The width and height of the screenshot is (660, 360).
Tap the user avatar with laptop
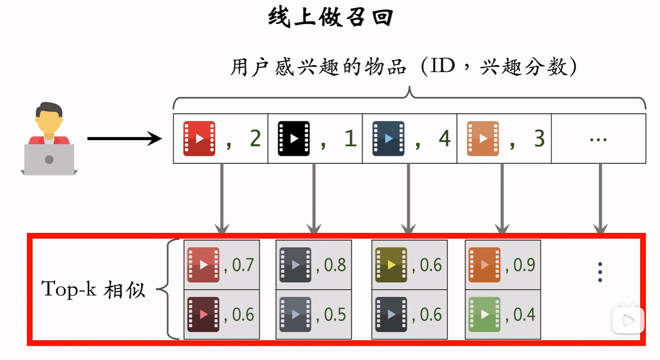pyautogui.click(x=49, y=139)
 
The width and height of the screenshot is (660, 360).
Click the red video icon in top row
pyautogui.click(x=199, y=139)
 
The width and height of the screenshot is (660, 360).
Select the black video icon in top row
pyautogui.click(x=293, y=139)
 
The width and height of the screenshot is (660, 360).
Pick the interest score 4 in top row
pyautogui.click(x=444, y=139)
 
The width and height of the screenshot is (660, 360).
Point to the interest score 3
pyautogui.click(x=539, y=139)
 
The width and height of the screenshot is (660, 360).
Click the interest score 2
pyautogui.click(x=255, y=139)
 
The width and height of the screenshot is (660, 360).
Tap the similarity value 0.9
pyautogui.click(x=524, y=265)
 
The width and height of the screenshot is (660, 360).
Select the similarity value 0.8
pyautogui.click(x=335, y=265)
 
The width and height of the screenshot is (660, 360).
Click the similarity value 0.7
pyautogui.click(x=243, y=265)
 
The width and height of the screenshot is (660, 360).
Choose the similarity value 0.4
pyautogui.click(x=524, y=314)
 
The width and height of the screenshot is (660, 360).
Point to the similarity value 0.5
pyautogui.click(x=335, y=314)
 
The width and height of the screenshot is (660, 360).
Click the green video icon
pyautogui.click(x=484, y=314)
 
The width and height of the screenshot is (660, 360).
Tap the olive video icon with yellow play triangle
pyautogui.click(x=391, y=265)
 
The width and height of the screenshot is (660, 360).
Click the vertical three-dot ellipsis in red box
pyautogui.click(x=600, y=272)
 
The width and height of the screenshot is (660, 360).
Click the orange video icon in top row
pyautogui.click(x=483, y=139)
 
